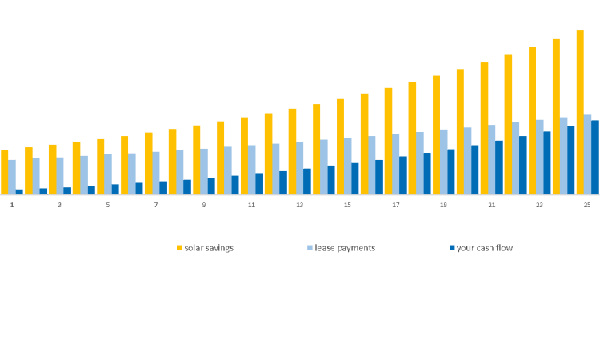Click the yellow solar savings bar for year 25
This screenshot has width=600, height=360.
[580, 112]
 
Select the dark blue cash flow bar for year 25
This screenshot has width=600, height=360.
[595, 158]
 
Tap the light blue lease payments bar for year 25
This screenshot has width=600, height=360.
[588, 154]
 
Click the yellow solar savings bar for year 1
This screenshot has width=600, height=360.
[5, 172]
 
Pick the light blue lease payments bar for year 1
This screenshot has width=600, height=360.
[12, 177]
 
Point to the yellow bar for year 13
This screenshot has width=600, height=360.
[292, 151]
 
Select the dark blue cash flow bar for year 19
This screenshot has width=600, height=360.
[451, 172]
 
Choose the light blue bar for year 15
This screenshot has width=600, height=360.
[348, 166]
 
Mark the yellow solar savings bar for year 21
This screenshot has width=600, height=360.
[484, 128]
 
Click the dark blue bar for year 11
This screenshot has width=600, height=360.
[259, 184]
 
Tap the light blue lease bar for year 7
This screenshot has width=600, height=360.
[156, 173]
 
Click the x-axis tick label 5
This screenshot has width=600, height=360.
[107, 206]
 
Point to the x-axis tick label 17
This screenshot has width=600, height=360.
[395, 206]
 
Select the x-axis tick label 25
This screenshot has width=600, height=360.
[587, 206]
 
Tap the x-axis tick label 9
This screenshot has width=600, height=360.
[203, 206]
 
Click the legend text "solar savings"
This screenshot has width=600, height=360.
[209, 248]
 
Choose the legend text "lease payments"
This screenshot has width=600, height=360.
[345, 248]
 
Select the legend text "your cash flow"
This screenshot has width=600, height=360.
[485, 248]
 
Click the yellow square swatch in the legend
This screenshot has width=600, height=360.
[180, 248]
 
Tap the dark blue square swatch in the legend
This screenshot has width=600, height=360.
[452, 248]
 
